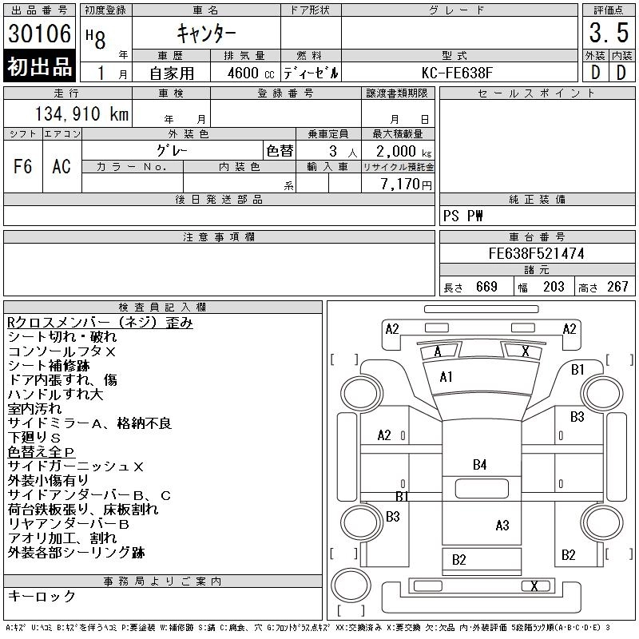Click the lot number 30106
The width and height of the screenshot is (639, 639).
pyautogui.click(x=40, y=34)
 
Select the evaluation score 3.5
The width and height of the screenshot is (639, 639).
pyautogui.click(x=608, y=34)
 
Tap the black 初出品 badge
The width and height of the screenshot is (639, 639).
pyautogui.click(x=40, y=67)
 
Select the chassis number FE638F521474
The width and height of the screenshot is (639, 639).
pyautogui.click(x=537, y=254)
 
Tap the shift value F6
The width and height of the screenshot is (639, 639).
pyautogui.click(x=23, y=166)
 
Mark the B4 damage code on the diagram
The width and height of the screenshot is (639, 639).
pyautogui.click(x=479, y=464)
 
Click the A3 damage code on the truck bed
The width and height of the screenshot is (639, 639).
pyautogui.click(x=502, y=525)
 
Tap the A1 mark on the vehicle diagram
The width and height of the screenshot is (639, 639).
pyautogui.click(x=447, y=377)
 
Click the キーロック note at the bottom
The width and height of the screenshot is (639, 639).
pyautogui.click(x=42, y=597)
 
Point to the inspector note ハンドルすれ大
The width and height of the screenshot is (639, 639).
pyautogui.click(x=55, y=395)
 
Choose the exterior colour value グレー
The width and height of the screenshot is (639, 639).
pyautogui.click(x=172, y=151)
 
